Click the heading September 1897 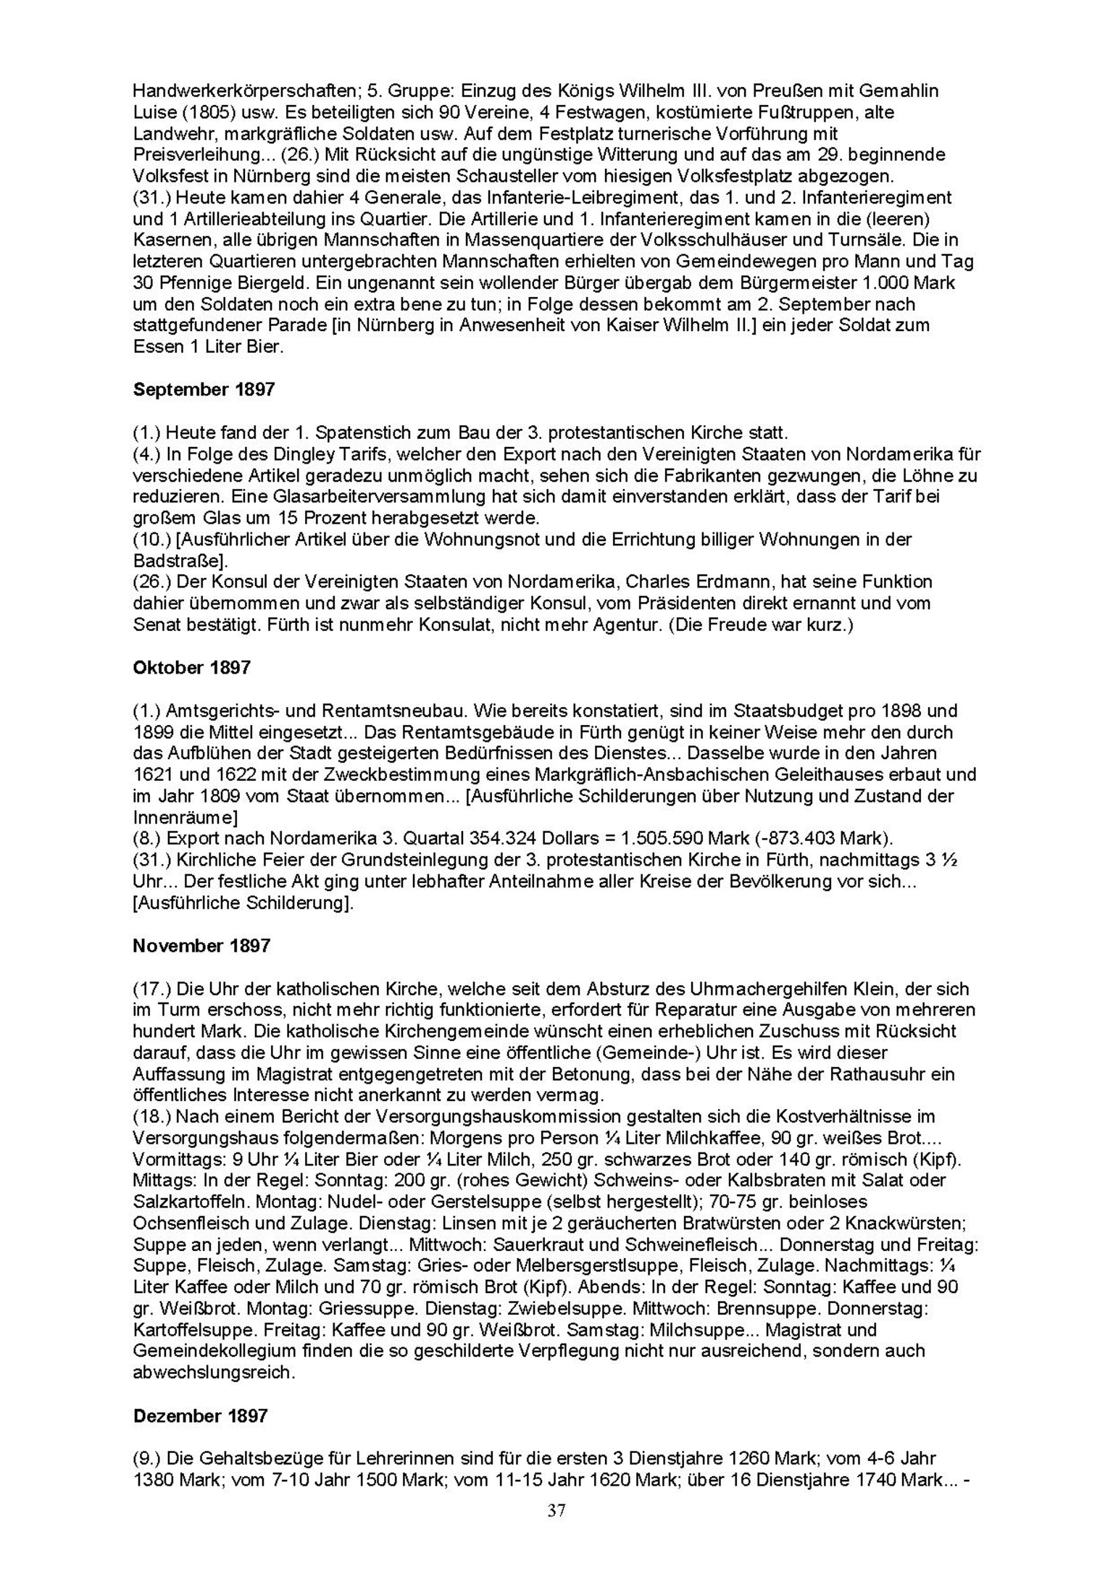204,390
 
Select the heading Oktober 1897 191,668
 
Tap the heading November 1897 201,946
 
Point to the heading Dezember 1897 201,1416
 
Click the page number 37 556,1510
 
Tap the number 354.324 495,839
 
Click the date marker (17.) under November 148,989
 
